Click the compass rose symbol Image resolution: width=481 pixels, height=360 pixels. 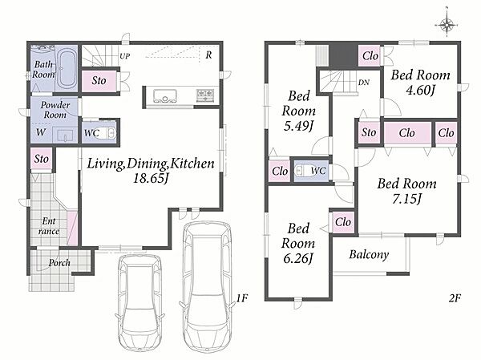(x=447, y=24)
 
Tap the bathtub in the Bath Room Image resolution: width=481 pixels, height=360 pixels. (x=67, y=69)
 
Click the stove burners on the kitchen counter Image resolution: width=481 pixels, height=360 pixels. (x=205, y=95)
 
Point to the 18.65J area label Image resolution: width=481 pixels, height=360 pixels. (x=151, y=179)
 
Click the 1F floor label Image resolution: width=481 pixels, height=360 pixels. (x=242, y=297)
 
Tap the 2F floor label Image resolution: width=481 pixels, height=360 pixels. (x=455, y=297)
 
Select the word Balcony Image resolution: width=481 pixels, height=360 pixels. (x=369, y=255)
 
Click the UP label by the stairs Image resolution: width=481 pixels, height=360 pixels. (x=124, y=56)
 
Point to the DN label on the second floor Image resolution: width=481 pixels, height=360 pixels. (x=364, y=83)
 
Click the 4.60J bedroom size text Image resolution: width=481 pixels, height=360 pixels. (x=421, y=91)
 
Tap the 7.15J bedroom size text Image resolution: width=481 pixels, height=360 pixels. (x=407, y=199)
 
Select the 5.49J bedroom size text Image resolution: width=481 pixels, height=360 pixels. (x=298, y=126)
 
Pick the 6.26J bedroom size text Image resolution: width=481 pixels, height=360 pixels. (x=298, y=258)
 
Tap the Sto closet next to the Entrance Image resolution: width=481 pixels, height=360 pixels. (x=42, y=159)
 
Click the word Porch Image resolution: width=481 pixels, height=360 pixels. (x=59, y=263)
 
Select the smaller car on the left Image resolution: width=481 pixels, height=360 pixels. (x=139, y=304)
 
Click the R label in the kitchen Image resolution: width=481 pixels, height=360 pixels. (x=208, y=55)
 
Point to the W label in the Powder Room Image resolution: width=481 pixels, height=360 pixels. (x=41, y=132)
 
